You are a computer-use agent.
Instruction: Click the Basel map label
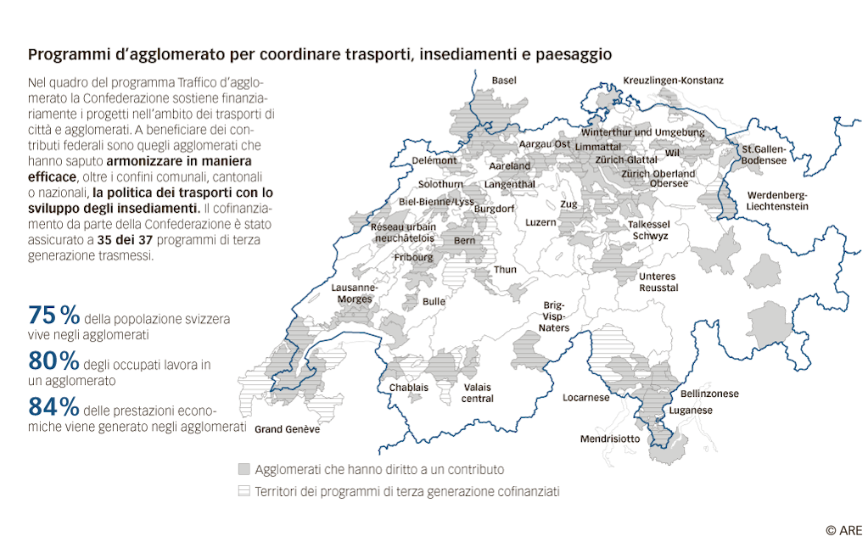505,80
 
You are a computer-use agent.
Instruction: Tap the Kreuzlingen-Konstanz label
673,80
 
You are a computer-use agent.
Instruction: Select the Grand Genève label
288,429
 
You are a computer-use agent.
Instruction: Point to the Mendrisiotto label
610,439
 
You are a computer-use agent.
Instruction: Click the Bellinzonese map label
709,394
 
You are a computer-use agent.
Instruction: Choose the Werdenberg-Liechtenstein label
777,200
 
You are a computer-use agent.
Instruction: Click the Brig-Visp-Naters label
556,316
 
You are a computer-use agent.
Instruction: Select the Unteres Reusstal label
658,282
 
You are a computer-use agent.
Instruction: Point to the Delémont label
434,160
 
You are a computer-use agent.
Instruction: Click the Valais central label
478,393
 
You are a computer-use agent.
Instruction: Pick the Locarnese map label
586,397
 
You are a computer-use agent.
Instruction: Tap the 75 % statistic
54,315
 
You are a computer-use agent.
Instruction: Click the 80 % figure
54,361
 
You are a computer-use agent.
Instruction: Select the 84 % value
54,405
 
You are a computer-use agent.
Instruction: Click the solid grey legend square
244,469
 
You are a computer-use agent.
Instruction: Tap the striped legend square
244,490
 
